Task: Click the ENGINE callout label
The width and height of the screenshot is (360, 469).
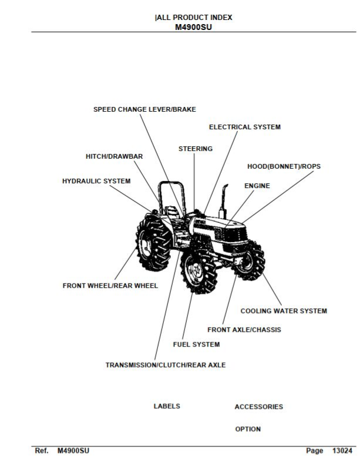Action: (x=257, y=186)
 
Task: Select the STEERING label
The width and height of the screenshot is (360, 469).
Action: (x=196, y=149)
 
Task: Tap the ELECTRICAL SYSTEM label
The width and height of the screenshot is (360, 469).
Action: (x=245, y=127)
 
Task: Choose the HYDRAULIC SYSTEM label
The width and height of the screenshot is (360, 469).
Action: (x=96, y=181)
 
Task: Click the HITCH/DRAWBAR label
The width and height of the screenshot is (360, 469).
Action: (x=114, y=156)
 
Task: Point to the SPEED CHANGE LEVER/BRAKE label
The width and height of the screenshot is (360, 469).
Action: (x=144, y=109)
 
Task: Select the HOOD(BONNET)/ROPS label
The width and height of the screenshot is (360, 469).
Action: (x=284, y=166)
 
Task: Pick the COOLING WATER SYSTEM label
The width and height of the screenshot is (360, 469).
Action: (x=284, y=311)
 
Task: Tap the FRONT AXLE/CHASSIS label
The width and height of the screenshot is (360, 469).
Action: (x=244, y=330)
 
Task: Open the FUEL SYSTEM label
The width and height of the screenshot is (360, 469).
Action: (x=197, y=344)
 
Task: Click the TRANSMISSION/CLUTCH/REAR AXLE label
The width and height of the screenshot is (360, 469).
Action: (x=166, y=365)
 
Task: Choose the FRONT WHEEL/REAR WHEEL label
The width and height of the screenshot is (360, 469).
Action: (x=110, y=286)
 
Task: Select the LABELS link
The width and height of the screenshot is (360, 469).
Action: (x=167, y=406)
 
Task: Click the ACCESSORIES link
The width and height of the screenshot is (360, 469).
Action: (x=259, y=407)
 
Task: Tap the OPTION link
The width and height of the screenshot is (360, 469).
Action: (x=248, y=429)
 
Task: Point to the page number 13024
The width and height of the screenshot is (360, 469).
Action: (x=342, y=450)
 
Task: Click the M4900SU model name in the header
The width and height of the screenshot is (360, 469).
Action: (x=193, y=27)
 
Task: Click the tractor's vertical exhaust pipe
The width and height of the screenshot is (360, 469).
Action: (x=223, y=201)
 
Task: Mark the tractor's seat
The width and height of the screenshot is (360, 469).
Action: (x=173, y=213)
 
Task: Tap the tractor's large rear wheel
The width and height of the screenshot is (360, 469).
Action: (x=154, y=244)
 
